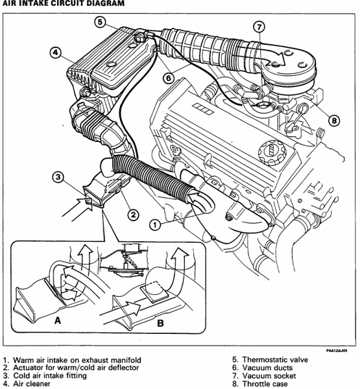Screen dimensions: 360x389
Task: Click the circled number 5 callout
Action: [100, 22]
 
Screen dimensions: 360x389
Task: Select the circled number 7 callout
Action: [259, 27]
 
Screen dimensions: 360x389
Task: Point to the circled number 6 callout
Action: [169, 78]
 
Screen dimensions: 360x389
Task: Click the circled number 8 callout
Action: [334, 121]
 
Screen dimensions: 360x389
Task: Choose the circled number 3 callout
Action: [58, 177]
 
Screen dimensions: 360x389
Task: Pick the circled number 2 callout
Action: [134, 215]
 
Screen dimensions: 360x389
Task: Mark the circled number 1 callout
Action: [155, 225]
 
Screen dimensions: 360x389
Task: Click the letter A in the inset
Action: [57, 320]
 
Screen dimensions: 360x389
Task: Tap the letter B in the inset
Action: [160, 324]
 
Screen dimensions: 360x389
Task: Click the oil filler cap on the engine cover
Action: [272, 152]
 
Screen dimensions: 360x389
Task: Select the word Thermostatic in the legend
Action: [264, 360]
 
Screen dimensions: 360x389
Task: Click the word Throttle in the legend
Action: [255, 384]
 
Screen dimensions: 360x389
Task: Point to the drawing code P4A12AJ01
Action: [337, 351]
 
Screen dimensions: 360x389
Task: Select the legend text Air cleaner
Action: [32, 384]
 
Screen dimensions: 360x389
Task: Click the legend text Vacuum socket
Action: [269, 376]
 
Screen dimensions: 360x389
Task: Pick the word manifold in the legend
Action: [126, 360]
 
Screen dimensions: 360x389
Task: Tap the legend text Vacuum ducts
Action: [267, 368]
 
